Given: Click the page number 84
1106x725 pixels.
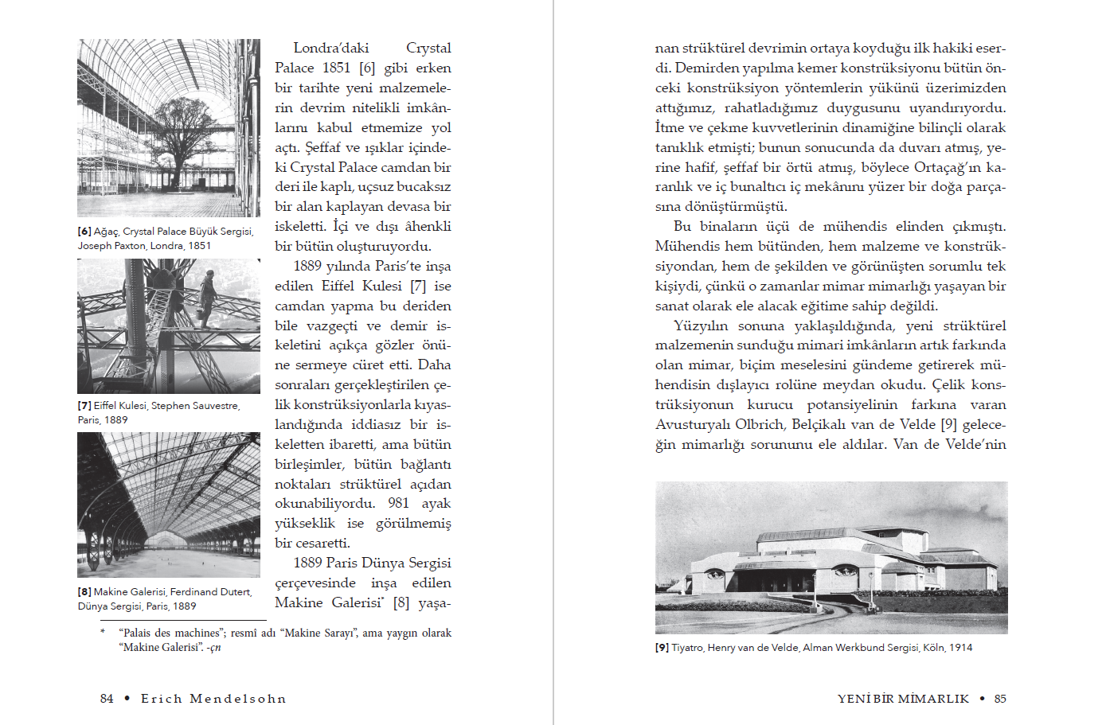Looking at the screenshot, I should [x=107, y=699].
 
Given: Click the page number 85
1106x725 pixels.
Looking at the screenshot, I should [x=1000, y=699].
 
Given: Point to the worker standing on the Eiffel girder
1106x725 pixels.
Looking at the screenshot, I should [x=208, y=298].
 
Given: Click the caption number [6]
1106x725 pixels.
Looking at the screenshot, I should [x=84, y=232].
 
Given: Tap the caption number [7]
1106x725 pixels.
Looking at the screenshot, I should [x=84, y=406].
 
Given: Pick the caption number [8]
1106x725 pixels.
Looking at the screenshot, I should [x=84, y=592].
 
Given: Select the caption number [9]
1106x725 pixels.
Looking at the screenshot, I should [x=662, y=648].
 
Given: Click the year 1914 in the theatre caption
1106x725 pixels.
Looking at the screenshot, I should [x=960, y=648].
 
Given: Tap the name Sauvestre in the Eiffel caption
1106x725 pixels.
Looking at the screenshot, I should [x=216, y=406].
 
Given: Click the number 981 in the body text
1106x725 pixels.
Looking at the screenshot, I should [x=399, y=504].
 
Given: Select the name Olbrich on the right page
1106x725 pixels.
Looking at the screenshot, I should [x=764, y=425].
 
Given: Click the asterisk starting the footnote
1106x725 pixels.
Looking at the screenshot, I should [x=103, y=633].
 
